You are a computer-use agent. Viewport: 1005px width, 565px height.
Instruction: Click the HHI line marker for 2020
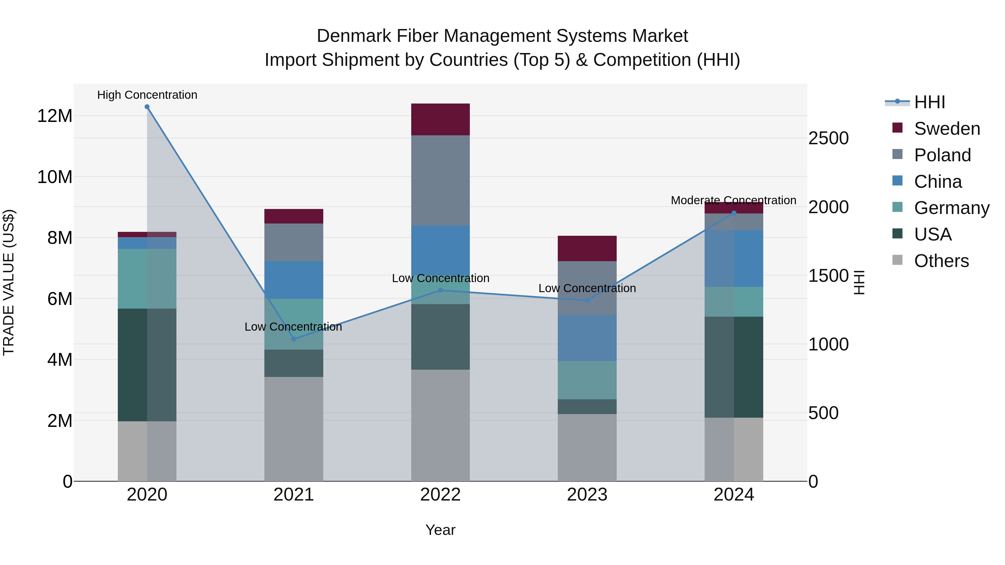[147, 107]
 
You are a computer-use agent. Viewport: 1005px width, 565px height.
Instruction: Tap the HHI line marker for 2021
[294, 339]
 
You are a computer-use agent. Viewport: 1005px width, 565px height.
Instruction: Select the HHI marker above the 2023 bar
[587, 300]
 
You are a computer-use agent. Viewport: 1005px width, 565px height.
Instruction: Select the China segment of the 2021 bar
[294, 280]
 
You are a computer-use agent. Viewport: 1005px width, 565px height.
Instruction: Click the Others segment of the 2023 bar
[587, 447]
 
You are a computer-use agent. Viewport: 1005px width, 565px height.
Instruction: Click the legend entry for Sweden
[947, 129]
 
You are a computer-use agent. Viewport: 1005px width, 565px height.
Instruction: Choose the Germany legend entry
[952, 208]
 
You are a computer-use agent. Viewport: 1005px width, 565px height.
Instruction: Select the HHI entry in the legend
[929, 102]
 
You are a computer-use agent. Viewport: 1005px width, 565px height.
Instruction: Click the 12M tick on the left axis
[55, 116]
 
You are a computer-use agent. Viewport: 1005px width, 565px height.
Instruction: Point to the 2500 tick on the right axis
[828, 138]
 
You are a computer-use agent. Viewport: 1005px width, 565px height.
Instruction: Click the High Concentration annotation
[147, 95]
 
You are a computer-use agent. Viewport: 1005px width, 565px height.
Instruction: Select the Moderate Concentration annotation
[733, 200]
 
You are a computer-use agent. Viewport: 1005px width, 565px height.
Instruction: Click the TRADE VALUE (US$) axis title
[9, 282]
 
